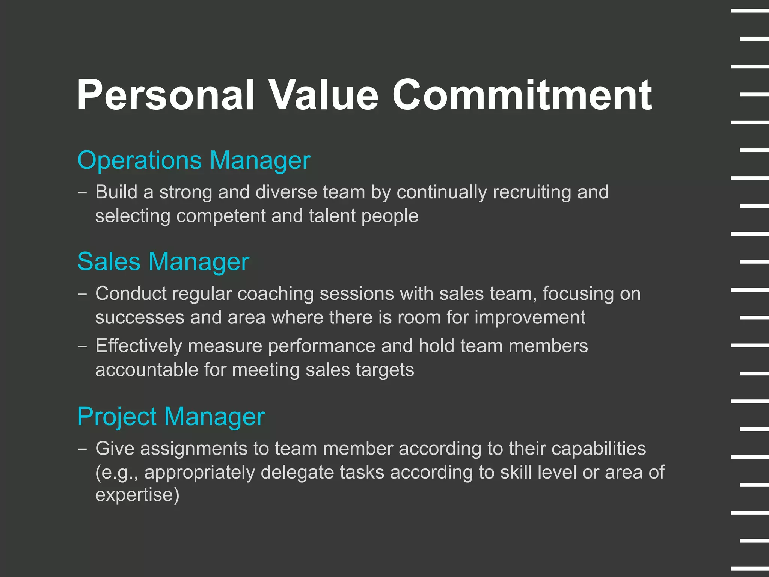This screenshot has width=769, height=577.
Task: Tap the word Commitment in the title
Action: click(522, 95)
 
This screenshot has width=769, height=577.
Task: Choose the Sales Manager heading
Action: click(163, 262)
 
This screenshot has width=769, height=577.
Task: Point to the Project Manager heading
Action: click(171, 417)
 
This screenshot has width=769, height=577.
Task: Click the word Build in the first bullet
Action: click(116, 192)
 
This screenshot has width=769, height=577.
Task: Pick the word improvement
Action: click(529, 318)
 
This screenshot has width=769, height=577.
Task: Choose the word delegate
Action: click(297, 473)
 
